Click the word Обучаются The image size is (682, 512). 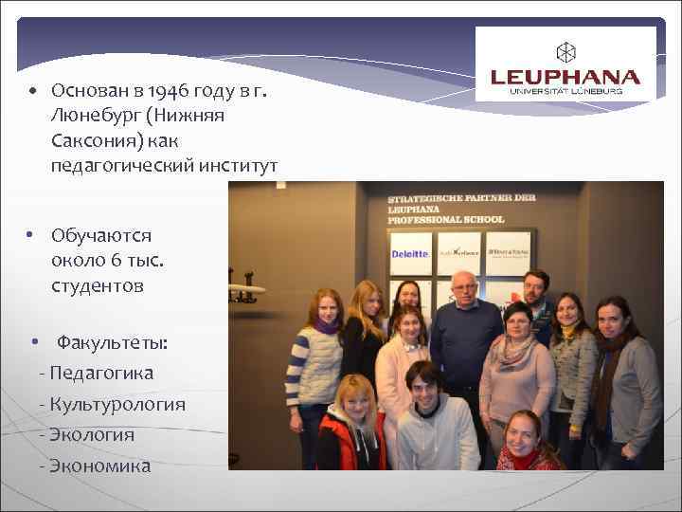tap(101, 235)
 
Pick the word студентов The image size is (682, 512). tap(98, 285)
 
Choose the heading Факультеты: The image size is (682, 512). tap(112, 341)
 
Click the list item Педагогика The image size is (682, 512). tap(102, 373)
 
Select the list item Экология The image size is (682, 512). tap(93, 435)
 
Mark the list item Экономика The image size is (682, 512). tap(99, 466)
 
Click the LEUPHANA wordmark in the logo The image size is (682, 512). tap(565, 77)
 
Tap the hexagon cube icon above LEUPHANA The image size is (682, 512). tap(565, 51)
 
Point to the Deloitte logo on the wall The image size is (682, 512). tap(410, 253)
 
